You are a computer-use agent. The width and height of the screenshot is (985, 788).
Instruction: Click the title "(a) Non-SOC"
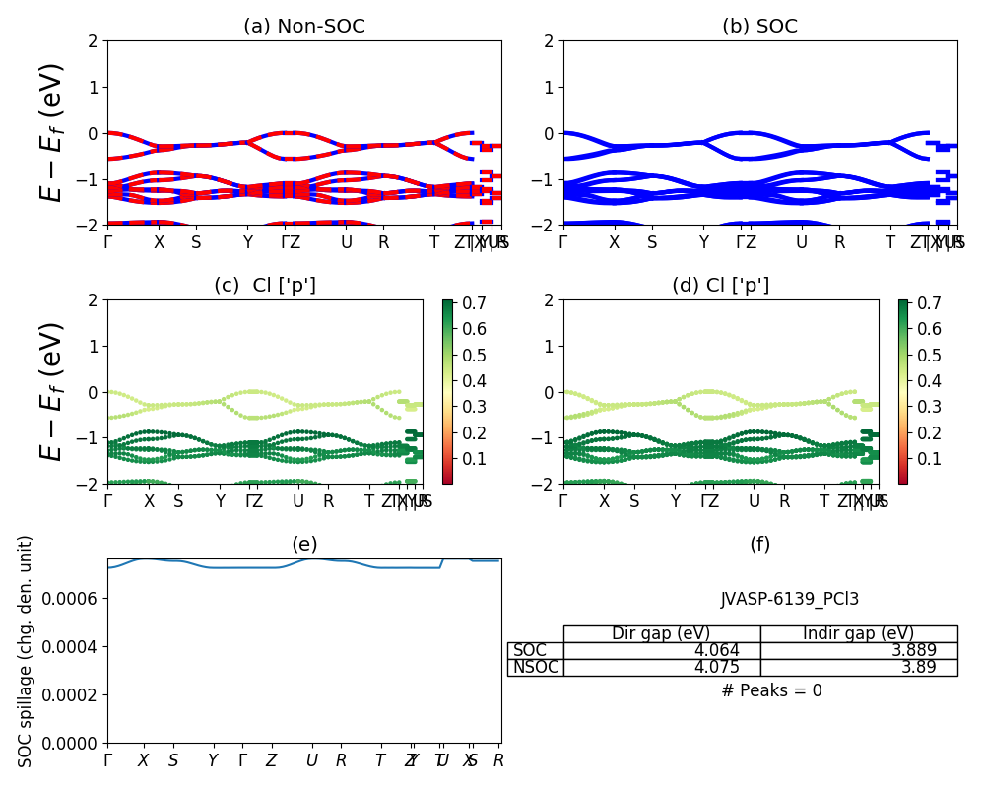303,27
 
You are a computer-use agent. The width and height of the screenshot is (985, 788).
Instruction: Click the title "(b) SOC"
759,27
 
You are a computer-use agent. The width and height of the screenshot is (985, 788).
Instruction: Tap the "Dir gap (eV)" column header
661,633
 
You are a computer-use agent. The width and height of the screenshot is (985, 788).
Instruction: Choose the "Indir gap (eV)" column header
858,633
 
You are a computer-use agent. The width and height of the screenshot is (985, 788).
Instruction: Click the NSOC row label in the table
535,667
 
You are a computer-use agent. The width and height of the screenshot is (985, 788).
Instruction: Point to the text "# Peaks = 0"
771,690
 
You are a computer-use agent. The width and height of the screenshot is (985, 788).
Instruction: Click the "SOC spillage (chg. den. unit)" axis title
26,651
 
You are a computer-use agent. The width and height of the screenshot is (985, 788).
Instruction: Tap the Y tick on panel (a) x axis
248,242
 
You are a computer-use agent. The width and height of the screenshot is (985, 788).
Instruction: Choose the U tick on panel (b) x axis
802,242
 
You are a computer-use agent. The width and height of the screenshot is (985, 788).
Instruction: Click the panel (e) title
303,545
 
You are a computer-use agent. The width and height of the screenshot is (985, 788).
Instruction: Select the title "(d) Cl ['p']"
720,286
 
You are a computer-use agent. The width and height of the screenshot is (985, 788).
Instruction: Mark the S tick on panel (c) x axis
178,501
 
